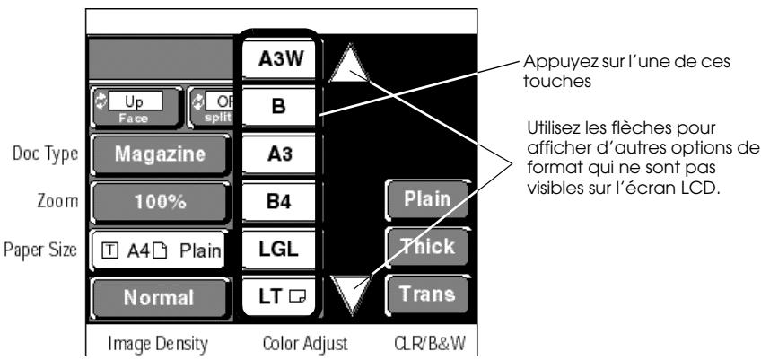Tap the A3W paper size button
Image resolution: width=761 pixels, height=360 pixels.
click(x=280, y=58)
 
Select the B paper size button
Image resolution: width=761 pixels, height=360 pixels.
click(x=280, y=107)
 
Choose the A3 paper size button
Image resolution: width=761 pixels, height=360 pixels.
click(x=280, y=154)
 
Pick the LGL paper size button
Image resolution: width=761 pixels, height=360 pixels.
click(x=280, y=250)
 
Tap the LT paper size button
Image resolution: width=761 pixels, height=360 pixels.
click(x=280, y=297)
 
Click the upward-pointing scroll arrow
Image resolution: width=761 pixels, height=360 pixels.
click(x=349, y=64)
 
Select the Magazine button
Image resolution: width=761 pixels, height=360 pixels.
click(x=160, y=154)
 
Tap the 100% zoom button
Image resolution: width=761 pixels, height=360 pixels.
click(x=160, y=202)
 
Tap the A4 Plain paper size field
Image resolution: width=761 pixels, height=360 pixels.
click(x=159, y=250)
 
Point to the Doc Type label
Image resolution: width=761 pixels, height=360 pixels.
click(x=46, y=154)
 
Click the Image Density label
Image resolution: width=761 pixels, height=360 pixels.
click(x=158, y=344)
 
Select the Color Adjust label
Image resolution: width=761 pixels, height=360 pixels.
click(x=305, y=344)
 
